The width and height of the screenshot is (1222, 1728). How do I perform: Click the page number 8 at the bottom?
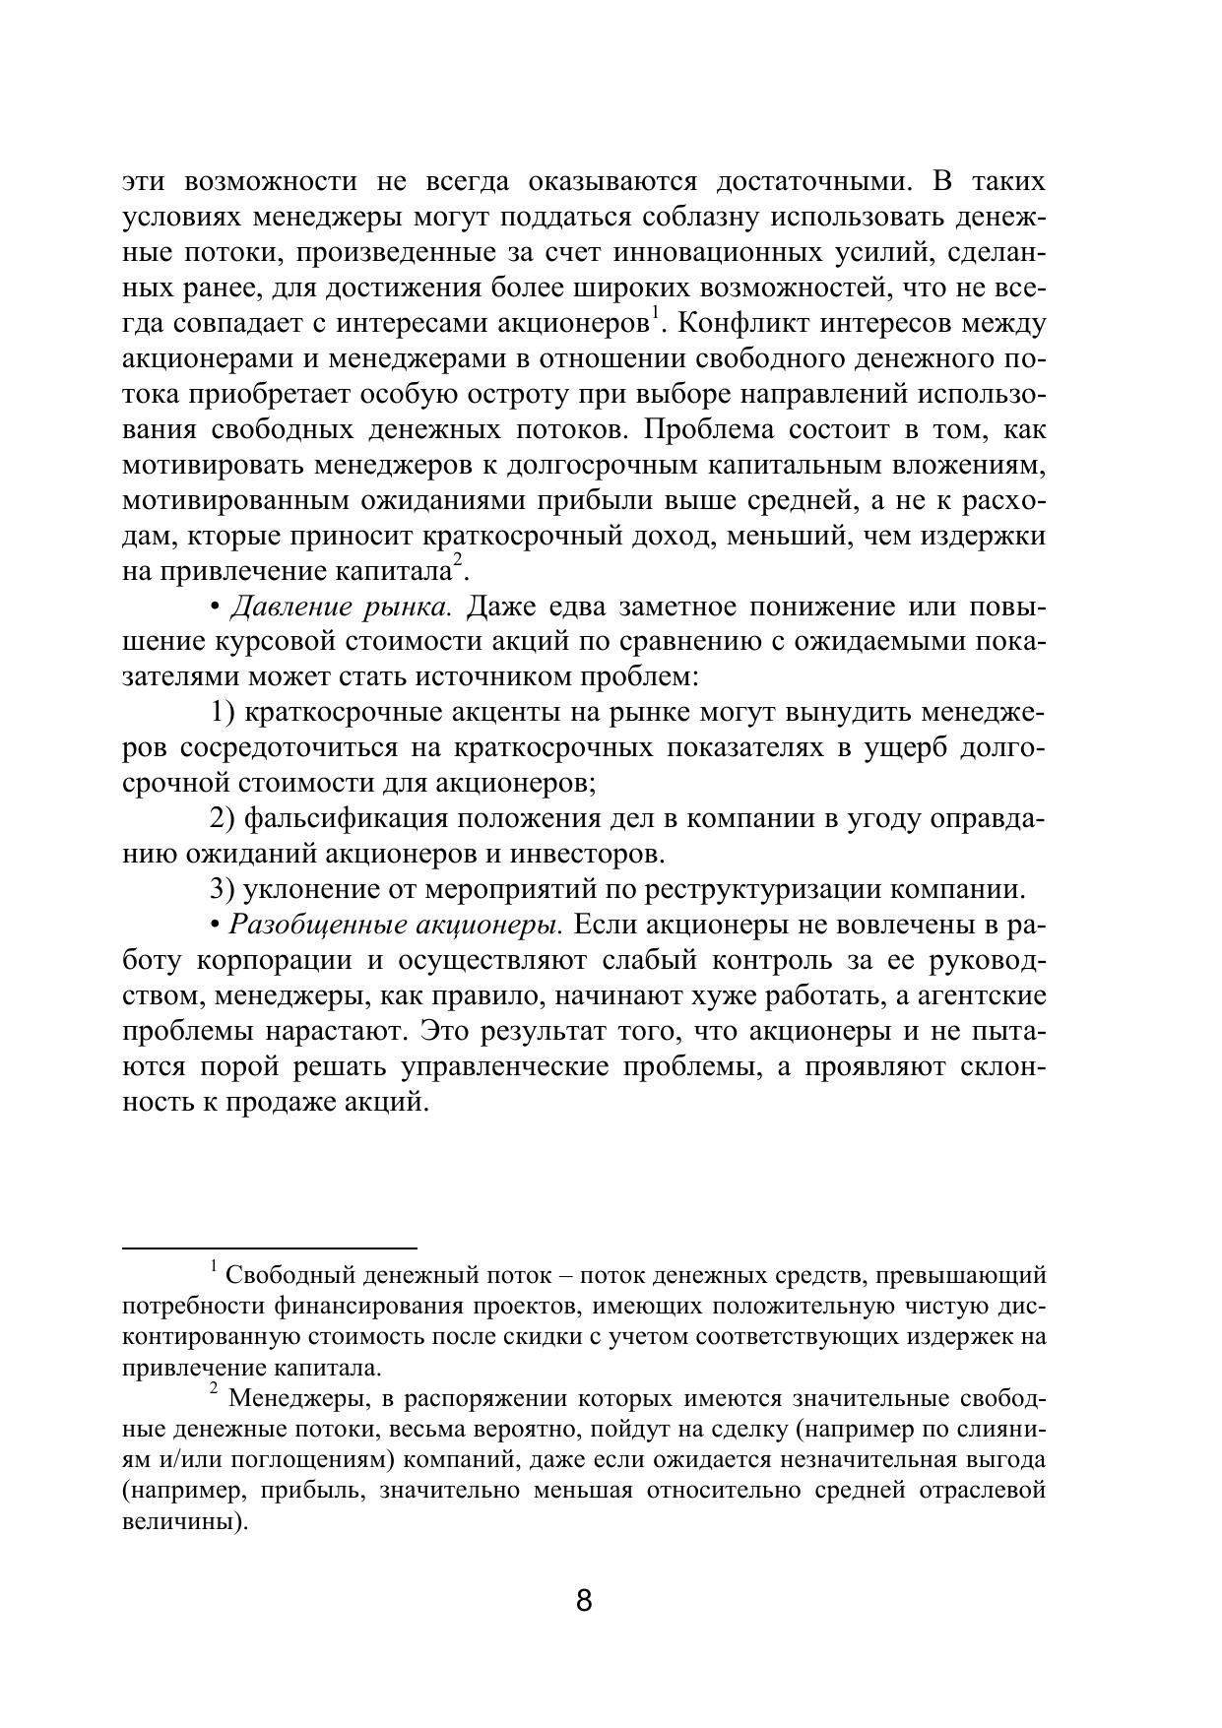coord(584,1600)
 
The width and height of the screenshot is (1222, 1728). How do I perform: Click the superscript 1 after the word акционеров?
coord(654,315)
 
